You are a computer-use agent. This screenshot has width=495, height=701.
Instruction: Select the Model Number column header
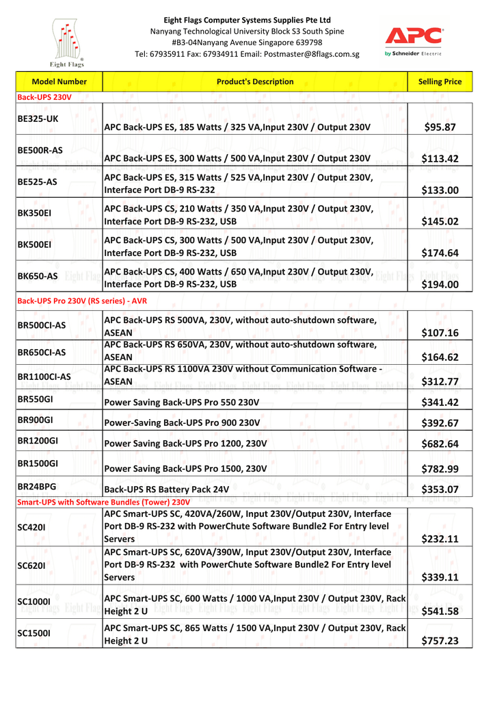point(59,81)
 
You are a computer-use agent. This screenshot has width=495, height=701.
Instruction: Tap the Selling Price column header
point(440,81)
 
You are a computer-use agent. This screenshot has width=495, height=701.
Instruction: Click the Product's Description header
point(254,81)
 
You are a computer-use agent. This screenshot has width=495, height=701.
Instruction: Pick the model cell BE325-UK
point(38,118)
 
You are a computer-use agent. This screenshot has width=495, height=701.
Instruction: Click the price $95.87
point(440,127)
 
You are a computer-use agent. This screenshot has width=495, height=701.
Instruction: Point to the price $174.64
point(440,253)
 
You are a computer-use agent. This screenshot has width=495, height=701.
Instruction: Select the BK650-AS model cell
point(38,276)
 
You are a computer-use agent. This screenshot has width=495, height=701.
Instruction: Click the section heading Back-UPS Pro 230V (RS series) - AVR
point(82,301)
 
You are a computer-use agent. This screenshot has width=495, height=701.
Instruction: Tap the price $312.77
point(440,381)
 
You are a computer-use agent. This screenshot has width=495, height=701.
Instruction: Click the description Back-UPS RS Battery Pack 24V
point(166,489)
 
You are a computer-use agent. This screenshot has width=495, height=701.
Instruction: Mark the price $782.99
point(440,469)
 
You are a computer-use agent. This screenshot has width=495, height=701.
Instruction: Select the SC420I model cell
point(32,527)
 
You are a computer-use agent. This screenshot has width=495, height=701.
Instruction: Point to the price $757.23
point(440,641)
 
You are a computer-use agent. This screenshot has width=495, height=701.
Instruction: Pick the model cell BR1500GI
point(38,463)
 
